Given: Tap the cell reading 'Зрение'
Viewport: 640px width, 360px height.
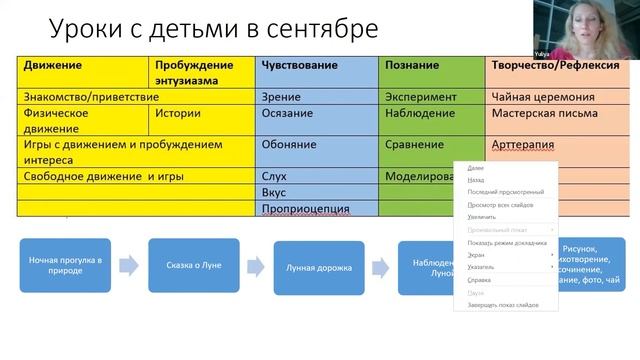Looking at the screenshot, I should click(x=281, y=98).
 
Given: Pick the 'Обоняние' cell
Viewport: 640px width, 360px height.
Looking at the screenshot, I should click(x=289, y=145).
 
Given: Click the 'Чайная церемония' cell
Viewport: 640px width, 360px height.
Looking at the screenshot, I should click(x=544, y=98).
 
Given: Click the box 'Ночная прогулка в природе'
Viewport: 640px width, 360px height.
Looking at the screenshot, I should click(x=65, y=266).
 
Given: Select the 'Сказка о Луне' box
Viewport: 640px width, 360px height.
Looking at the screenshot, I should click(x=194, y=266).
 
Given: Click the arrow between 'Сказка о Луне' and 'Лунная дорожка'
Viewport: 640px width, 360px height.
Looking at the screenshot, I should click(x=257, y=267).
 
